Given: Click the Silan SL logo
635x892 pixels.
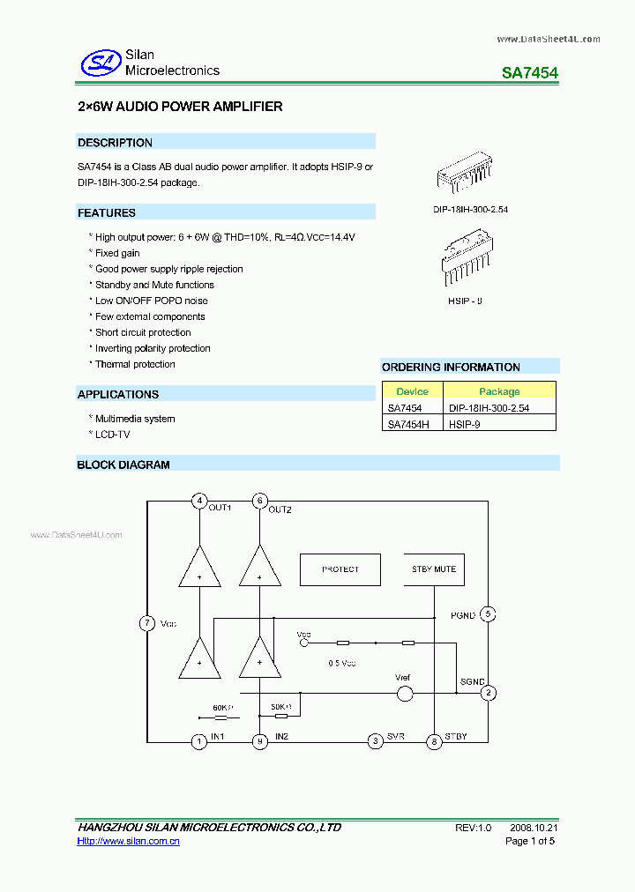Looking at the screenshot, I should (x=100, y=62).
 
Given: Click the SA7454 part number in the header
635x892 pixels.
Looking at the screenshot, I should (x=529, y=74).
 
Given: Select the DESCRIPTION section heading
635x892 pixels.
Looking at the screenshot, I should (x=115, y=143).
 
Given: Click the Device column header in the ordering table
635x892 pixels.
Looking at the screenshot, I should (x=412, y=391).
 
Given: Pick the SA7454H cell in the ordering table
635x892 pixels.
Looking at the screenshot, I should (x=408, y=424).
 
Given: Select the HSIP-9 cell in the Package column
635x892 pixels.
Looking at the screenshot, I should (x=465, y=424).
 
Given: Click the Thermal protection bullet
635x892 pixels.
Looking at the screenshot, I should (x=135, y=364).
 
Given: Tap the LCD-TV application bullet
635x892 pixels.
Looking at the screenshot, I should (x=113, y=435).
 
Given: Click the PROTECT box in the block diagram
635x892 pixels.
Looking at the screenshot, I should (x=340, y=569).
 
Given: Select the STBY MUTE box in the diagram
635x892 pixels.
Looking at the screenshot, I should (x=434, y=569).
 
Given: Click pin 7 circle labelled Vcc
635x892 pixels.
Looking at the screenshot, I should (x=147, y=623).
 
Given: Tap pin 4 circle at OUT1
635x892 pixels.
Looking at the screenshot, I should (x=199, y=502).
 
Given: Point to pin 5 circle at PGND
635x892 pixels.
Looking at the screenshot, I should (x=488, y=614).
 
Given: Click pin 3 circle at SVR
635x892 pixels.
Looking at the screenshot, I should (x=376, y=741).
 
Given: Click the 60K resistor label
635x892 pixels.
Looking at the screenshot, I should (x=222, y=708).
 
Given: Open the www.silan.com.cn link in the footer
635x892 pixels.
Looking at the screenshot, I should (x=129, y=842).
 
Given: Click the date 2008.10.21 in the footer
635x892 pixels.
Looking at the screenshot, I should (x=534, y=828).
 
